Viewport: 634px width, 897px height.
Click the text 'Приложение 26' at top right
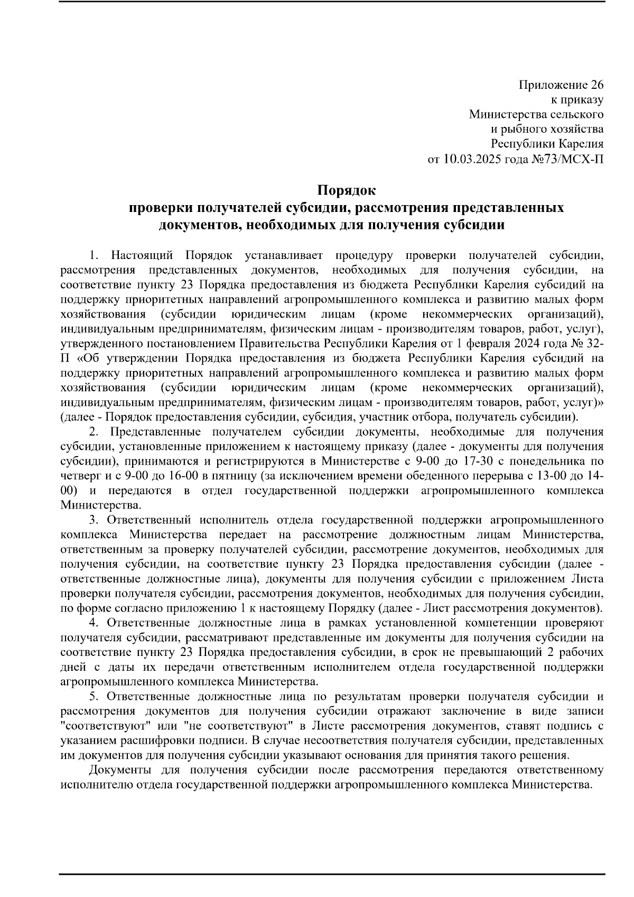click(561, 85)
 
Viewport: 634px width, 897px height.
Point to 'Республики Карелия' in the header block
click(547, 144)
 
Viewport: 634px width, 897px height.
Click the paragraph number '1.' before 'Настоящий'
click(95, 256)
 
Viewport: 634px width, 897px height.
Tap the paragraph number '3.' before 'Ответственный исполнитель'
click(95, 520)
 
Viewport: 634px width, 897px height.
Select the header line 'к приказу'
click(577, 100)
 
